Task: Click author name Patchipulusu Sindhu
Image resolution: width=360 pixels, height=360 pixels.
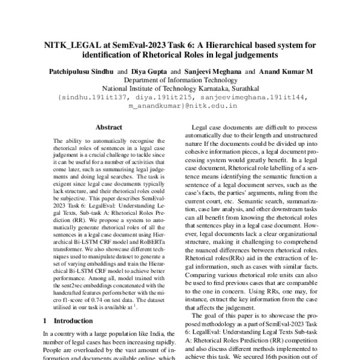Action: [78, 71]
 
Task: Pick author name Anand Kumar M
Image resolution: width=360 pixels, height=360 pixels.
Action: [286, 71]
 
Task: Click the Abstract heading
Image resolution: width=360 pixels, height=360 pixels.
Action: [109, 127]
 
